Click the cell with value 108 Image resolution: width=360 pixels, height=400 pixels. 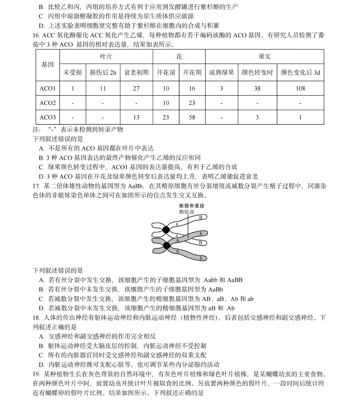click(300, 88)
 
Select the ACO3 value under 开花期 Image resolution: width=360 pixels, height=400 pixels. click(192, 117)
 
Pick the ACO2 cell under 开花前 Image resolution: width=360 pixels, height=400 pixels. click(166, 103)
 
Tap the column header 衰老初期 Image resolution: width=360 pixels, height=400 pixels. click(136, 72)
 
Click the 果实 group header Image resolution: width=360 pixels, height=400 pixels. click(264, 57)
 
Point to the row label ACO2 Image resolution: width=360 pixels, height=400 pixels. click(48, 103)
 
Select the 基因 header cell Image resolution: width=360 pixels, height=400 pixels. click(48, 65)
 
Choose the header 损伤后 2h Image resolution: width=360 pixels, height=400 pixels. click(103, 72)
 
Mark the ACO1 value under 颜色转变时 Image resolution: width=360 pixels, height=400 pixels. click(257, 88)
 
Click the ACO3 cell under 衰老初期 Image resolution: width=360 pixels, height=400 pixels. click(136, 117)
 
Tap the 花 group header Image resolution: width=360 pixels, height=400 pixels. click(179, 57)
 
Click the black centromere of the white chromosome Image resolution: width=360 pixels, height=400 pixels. click(166, 230)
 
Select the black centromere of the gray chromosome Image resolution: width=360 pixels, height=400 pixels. click(166, 246)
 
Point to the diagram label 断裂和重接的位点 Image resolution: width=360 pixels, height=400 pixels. click(192, 209)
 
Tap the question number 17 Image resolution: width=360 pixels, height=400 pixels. click(36, 186)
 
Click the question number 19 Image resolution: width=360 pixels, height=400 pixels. click(36, 374)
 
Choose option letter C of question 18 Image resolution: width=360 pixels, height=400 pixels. click(41, 355)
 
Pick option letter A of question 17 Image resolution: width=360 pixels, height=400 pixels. click(42, 280)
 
